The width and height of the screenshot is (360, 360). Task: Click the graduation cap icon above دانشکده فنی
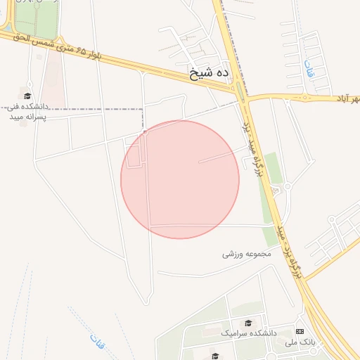(27, 96)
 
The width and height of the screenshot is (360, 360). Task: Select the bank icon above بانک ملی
(300, 331)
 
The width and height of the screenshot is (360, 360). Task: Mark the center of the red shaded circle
(180, 179)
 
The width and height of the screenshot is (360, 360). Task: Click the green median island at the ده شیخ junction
(240, 90)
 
